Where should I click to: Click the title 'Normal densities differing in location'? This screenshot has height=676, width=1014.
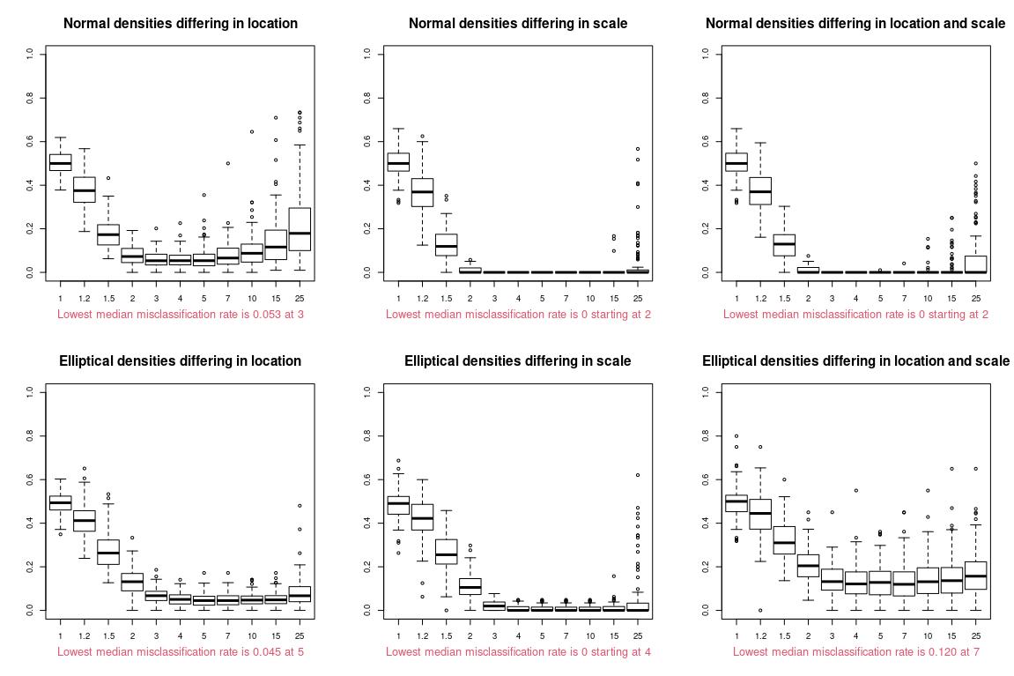[x=180, y=24]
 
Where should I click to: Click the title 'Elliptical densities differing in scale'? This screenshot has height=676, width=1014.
[x=518, y=361]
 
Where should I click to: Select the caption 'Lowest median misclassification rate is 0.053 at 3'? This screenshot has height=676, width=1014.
[x=180, y=314]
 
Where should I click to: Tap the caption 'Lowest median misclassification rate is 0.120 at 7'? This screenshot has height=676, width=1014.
[x=855, y=651]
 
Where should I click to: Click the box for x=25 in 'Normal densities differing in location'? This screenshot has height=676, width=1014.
[x=300, y=229]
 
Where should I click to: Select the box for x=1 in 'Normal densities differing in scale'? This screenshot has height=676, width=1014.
[x=398, y=162]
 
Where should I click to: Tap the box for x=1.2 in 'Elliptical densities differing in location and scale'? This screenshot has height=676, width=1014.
[x=760, y=514]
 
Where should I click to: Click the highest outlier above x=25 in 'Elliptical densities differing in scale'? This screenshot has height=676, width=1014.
[x=638, y=475]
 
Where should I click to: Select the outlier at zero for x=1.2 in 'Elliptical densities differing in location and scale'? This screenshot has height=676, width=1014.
[x=760, y=610]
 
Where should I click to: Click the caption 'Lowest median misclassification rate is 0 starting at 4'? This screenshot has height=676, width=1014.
[x=518, y=651]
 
